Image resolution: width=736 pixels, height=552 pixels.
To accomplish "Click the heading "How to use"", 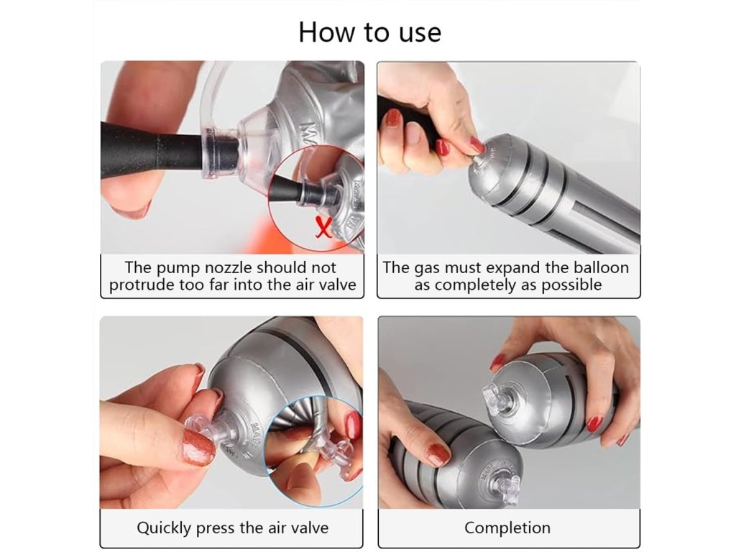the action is [x=369, y=32].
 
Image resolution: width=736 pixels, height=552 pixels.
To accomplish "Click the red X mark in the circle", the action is [x=323, y=227].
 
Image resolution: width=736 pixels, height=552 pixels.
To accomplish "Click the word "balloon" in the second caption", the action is [x=601, y=267].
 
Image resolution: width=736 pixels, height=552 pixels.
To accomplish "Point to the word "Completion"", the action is [x=507, y=528].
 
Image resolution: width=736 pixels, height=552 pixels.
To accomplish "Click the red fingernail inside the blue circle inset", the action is [x=354, y=425].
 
